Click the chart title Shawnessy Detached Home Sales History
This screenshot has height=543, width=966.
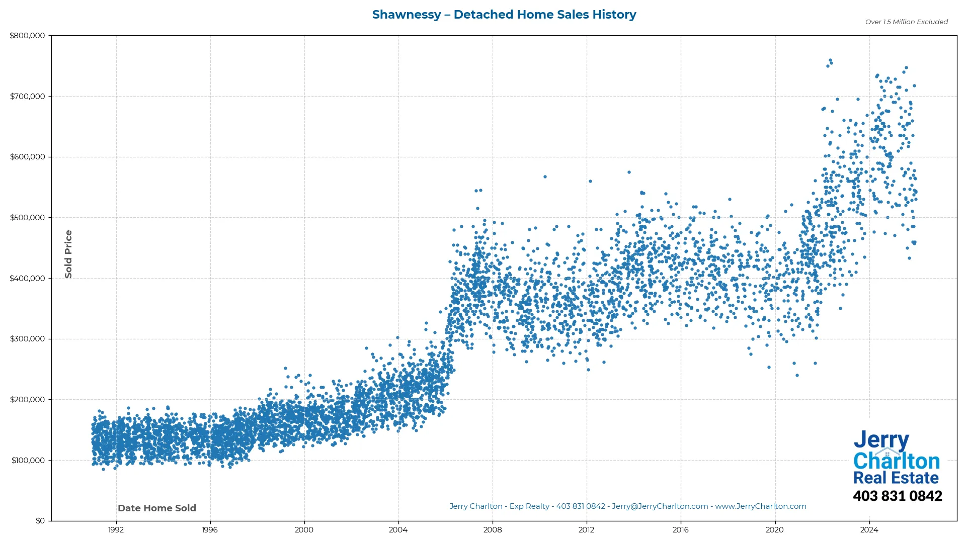pos(504,15)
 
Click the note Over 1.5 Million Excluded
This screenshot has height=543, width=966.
pos(906,22)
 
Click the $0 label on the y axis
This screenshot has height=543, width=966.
pos(40,521)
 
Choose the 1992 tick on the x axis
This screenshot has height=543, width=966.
pos(116,530)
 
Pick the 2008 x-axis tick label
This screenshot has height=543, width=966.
pos(493,530)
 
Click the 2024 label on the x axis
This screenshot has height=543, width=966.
pos(869,530)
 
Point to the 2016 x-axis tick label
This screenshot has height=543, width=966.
pos(681,530)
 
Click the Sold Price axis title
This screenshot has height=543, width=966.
pos(68,254)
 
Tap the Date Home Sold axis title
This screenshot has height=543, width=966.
pos(157,508)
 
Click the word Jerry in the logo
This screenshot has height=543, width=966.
pos(881,440)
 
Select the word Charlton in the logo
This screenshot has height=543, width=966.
pos(897,461)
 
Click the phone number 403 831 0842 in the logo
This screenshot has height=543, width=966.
pos(897,496)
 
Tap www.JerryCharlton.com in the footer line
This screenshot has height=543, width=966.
pos(761,506)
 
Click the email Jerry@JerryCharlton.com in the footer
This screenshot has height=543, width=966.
pos(660,506)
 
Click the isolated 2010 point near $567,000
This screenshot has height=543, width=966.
pos(545,177)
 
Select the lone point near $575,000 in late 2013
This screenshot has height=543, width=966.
pos(629,172)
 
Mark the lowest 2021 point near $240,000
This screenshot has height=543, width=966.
pos(797,376)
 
